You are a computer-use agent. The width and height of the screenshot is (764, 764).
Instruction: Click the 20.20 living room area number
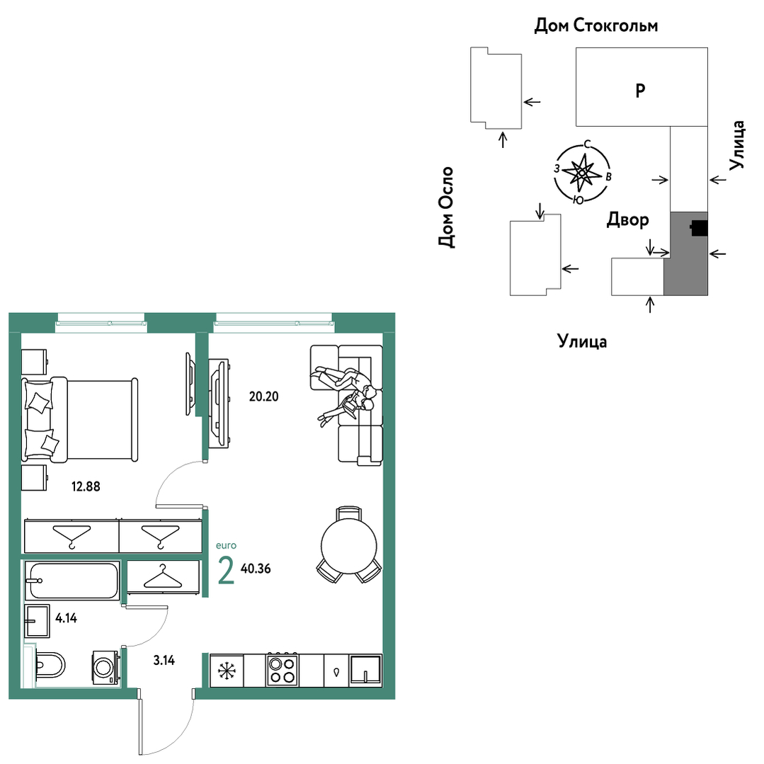[x=263, y=397]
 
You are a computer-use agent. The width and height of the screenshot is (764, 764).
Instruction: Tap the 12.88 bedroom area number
[x=86, y=486]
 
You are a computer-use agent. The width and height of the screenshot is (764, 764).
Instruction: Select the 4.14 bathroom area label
[x=67, y=618]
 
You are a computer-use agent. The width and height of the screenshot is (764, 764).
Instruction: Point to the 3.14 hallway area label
[x=164, y=660]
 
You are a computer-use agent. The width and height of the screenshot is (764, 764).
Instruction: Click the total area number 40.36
[x=256, y=569]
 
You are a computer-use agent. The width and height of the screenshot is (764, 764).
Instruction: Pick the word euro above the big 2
[x=226, y=545]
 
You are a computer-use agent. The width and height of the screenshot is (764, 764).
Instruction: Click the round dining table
[x=349, y=546]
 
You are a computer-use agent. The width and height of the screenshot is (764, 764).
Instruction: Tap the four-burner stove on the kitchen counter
[x=282, y=670]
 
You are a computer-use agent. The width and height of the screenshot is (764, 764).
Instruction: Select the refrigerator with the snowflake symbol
[x=227, y=671]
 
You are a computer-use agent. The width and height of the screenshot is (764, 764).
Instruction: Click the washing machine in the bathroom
[x=106, y=667]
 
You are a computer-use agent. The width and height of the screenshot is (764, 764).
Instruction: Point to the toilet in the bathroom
[x=50, y=665]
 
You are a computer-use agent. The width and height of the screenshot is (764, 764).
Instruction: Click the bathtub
[x=72, y=581]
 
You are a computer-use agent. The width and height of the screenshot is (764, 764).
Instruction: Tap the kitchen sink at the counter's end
[x=366, y=671]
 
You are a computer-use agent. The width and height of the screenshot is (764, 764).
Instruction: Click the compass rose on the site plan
[x=582, y=173]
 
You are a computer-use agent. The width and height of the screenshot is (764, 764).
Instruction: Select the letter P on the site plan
[x=640, y=91]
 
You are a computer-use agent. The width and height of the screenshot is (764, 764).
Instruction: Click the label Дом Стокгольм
[x=596, y=25]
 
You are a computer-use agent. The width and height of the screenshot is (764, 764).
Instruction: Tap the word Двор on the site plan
[x=627, y=219]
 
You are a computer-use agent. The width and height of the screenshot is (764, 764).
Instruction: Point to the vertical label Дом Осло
[x=446, y=207]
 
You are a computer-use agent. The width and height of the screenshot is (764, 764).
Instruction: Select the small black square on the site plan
[x=699, y=229]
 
